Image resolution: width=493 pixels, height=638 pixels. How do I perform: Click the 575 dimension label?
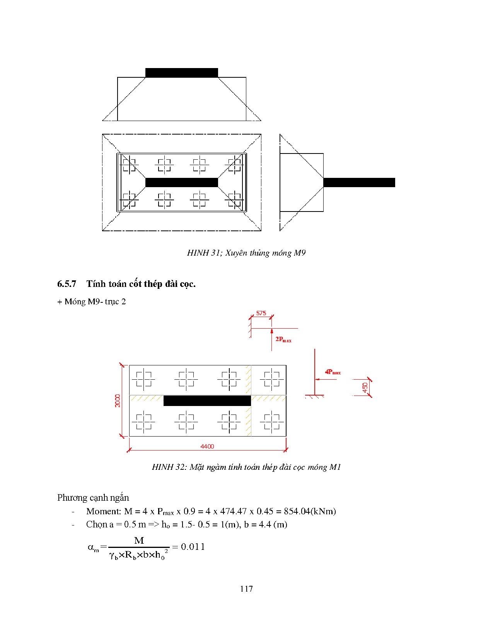click(261, 313)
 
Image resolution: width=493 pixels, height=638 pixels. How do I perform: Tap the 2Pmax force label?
click(283, 339)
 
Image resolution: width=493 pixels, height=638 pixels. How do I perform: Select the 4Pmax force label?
click(333, 372)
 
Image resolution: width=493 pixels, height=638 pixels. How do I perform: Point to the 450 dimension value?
click(365, 387)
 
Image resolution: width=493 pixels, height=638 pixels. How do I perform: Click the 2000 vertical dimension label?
click(118, 401)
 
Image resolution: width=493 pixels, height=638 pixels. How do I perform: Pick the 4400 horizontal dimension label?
click(207, 447)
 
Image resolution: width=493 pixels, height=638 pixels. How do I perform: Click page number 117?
click(246, 589)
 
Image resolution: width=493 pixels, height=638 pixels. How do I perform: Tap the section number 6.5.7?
click(67, 284)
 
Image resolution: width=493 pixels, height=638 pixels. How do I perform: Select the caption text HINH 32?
click(169, 467)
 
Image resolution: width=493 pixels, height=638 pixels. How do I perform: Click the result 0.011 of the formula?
click(193, 547)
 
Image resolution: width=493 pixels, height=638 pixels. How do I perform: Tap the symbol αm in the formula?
click(93, 548)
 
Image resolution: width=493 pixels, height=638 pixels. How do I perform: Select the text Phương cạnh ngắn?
click(93, 498)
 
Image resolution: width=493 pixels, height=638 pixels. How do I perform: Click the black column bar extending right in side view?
click(359, 183)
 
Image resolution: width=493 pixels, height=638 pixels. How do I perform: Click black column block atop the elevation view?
click(181, 73)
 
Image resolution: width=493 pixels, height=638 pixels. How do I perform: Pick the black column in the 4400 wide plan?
click(207, 401)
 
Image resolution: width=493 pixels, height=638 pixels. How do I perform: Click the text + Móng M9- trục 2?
click(92, 302)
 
